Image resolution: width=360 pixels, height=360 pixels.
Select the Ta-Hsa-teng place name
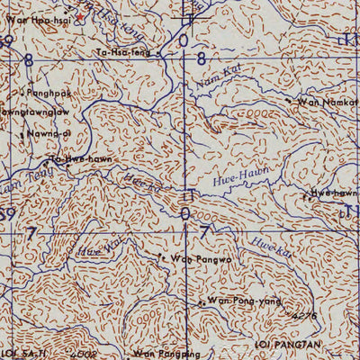[122, 53]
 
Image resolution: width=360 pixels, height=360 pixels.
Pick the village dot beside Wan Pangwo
[161, 256]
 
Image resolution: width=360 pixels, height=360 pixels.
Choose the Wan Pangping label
[163, 354]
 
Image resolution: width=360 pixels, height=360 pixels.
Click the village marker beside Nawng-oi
[22, 134]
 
